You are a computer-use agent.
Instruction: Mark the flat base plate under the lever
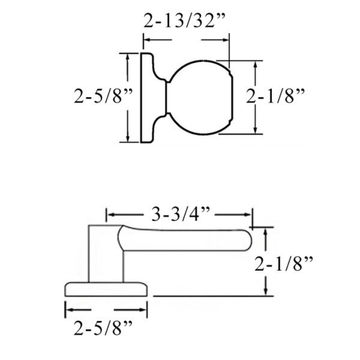107,289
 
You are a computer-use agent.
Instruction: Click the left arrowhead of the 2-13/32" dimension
147,41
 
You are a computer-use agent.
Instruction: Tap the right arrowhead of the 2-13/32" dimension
233,41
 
